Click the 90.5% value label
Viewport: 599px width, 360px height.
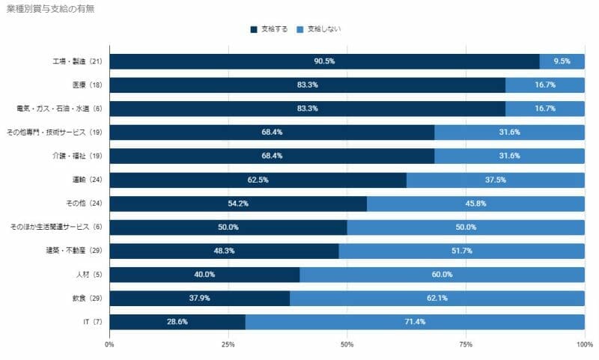click(x=324, y=61)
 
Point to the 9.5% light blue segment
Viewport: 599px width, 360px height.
click(x=562, y=61)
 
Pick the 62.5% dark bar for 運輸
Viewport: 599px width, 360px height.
click(x=258, y=180)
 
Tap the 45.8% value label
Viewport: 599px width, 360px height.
click(x=475, y=204)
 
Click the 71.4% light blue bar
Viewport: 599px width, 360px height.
click(x=415, y=322)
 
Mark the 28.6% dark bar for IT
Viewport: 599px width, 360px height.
click(x=177, y=322)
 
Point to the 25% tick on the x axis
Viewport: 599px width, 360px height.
click(x=228, y=344)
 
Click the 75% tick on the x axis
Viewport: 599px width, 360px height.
click(x=466, y=344)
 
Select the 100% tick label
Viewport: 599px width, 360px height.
click(x=583, y=344)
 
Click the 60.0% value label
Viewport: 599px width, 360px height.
click(x=442, y=275)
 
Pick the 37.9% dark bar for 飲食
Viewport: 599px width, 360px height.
click(x=199, y=298)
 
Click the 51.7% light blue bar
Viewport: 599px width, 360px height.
click(x=461, y=251)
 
